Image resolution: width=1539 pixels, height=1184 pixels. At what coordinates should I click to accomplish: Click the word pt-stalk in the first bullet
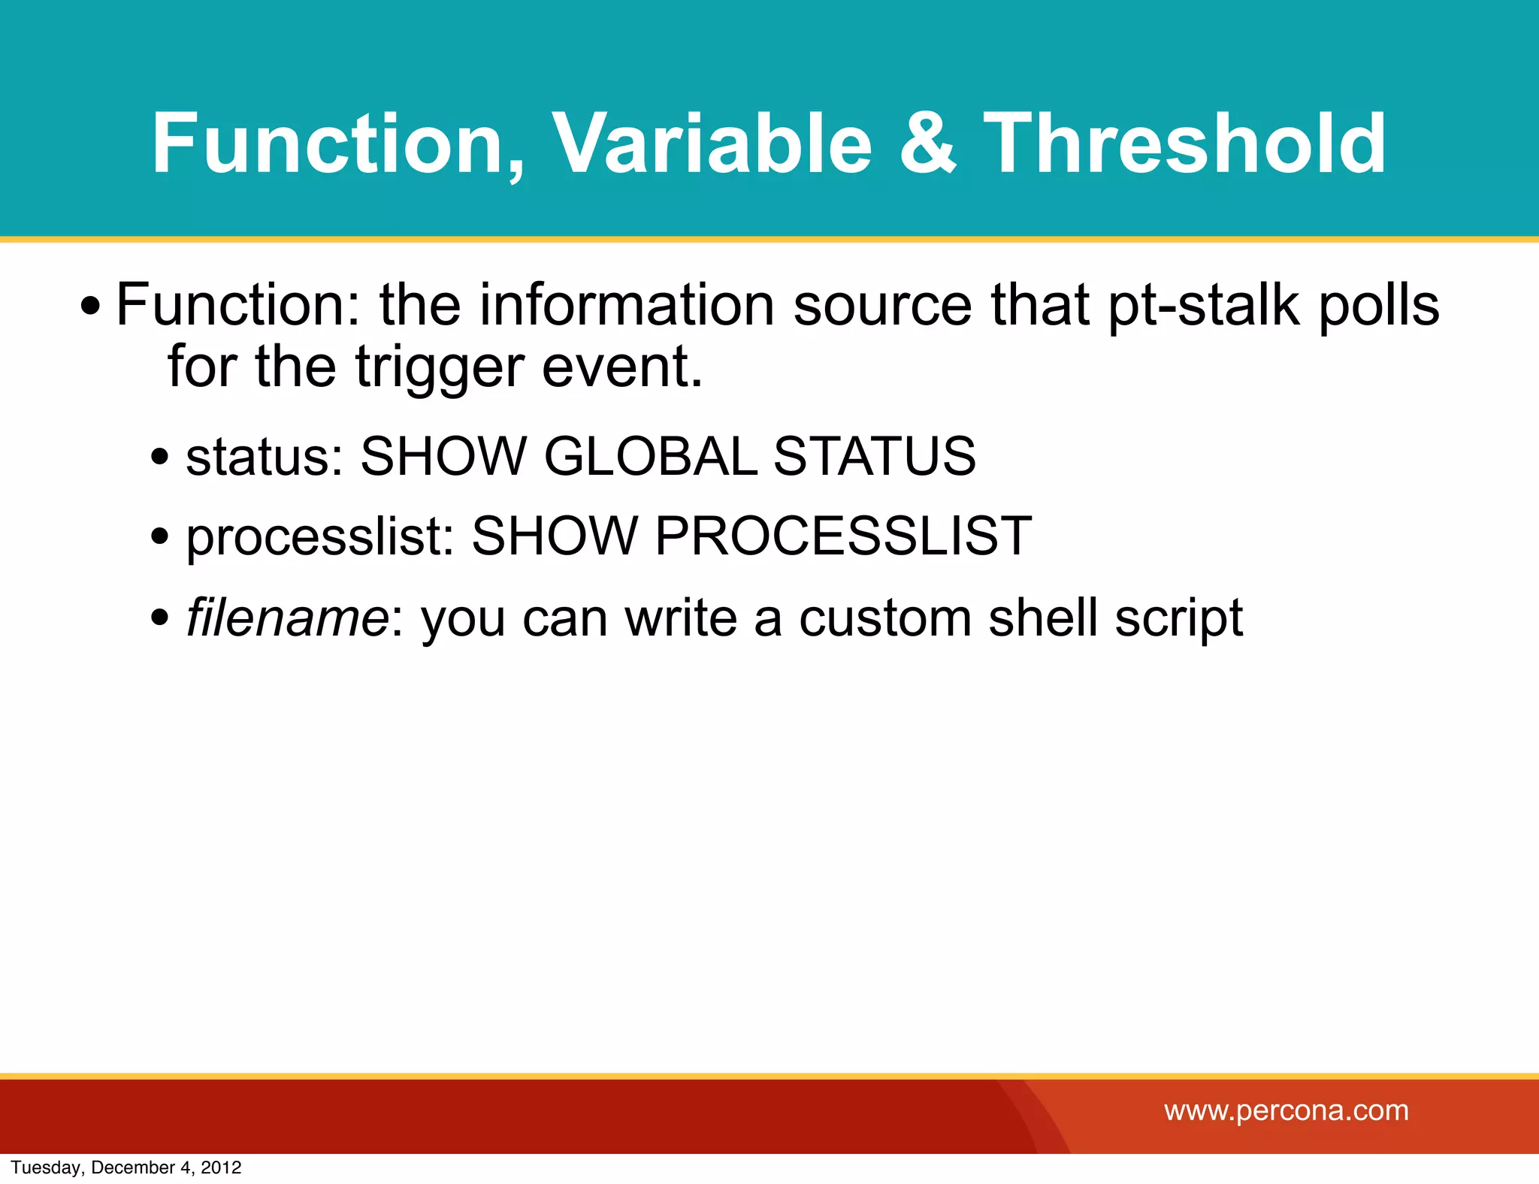coord(1202,306)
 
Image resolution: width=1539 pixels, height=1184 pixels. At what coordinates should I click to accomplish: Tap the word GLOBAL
coord(651,456)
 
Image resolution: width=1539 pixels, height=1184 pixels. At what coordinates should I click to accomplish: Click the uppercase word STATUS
coord(875,456)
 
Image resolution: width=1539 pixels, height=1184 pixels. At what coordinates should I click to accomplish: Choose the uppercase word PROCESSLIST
coord(843,536)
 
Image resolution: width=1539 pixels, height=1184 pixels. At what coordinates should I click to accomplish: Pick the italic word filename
coord(287,618)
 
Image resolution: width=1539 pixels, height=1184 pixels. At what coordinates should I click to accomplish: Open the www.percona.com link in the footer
coord(1286,1110)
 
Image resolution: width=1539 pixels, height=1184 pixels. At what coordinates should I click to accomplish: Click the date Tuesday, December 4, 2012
coord(126,1167)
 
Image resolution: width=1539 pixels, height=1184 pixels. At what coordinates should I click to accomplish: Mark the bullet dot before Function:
coord(91,307)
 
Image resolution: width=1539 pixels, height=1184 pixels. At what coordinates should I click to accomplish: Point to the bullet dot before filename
coord(160,618)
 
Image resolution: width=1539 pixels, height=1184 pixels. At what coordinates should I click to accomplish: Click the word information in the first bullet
coord(627,306)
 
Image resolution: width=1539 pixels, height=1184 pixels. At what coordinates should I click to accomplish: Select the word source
coord(883,307)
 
